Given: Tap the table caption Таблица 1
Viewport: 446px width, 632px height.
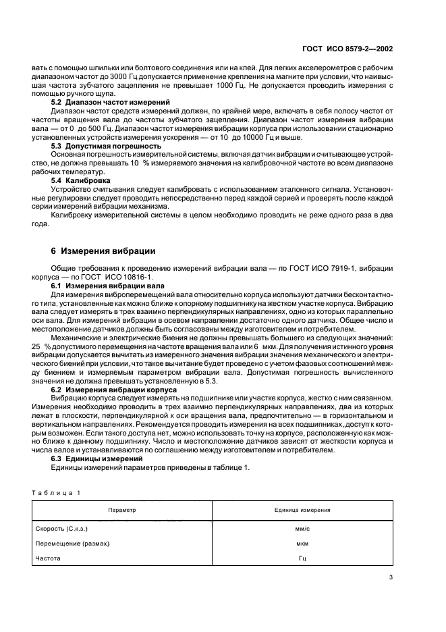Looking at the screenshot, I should pos(56,492).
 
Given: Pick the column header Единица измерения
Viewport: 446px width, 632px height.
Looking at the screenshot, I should pos(302,510).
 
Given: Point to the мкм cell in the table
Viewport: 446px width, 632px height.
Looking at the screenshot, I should pos(302,544).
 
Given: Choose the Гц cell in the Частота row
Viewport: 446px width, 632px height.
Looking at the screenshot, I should pos(302,559).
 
